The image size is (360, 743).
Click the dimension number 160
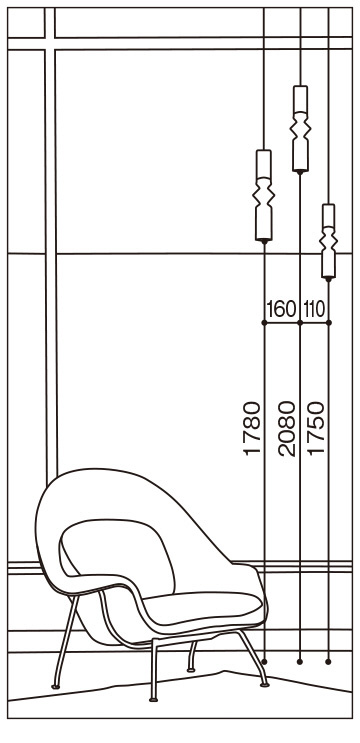pos(281,309)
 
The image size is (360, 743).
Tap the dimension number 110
pos(314,309)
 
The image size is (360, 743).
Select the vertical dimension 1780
pos(252,429)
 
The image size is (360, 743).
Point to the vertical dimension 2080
pos(287,429)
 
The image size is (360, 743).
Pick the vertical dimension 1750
pos(316,429)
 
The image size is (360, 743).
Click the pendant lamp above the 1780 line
pos(264,196)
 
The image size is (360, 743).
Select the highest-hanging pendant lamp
pos(300,129)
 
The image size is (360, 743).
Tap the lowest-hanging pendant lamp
pos(329,242)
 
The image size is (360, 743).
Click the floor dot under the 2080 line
pos(299,661)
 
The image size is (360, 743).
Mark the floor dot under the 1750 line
pos(329,661)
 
